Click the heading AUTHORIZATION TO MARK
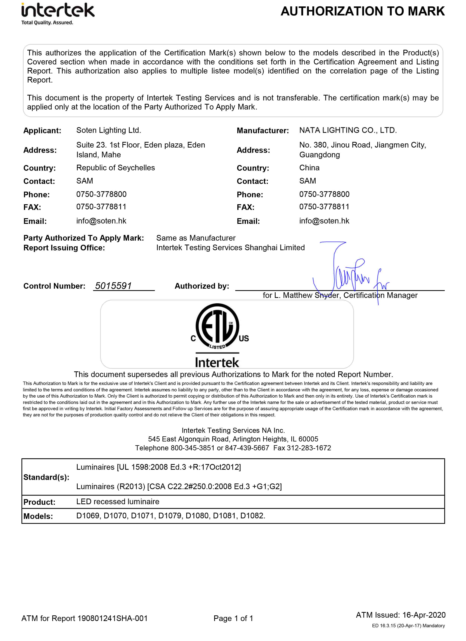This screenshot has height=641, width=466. click(362, 11)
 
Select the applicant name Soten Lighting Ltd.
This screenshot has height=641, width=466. click(109, 130)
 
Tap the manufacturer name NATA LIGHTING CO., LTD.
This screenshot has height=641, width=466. click(348, 130)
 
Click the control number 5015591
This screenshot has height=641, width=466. click(113, 286)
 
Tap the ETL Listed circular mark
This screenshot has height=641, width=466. click(217, 327)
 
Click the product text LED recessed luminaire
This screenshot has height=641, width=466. click(118, 501)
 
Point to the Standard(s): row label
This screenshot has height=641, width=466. click(46, 477)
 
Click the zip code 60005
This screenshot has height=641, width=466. click(308, 439)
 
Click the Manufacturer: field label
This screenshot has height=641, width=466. click(263, 131)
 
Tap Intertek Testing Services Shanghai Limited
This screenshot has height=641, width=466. click(230, 248)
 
